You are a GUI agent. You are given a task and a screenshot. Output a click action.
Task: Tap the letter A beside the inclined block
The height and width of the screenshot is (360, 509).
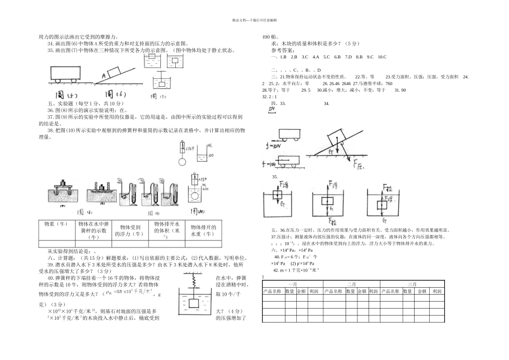[x=102, y=76]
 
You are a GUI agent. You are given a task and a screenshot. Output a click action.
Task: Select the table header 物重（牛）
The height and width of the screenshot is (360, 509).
[x=56, y=224]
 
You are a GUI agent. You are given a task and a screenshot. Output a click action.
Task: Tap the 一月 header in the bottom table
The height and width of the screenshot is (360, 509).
[x=293, y=284]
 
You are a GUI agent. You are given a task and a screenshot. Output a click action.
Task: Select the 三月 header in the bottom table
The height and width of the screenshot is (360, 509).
[x=413, y=284]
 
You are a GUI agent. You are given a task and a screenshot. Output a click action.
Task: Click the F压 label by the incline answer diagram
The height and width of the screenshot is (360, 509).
[x=360, y=164]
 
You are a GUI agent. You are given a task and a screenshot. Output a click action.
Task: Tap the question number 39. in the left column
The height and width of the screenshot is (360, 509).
[x=51, y=264]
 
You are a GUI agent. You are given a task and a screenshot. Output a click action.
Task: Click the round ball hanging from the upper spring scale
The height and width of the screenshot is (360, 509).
[x=182, y=162]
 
